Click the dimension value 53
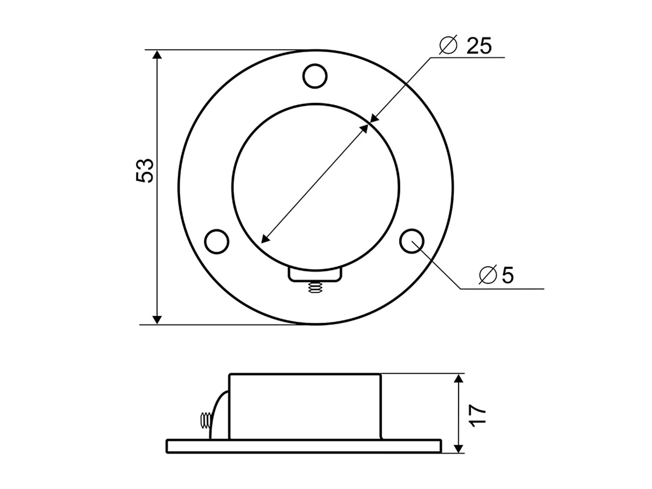pyautogui.click(x=145, y=170)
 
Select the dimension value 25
pyautogui.click(x=479, y=46)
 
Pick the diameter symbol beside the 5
pyautogui.click(x=487, y=275)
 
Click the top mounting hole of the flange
pyautogui.click(x=315, y=77)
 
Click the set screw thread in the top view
pyautogui.click(x=314, y=287)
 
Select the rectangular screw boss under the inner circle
pyautogui.click(x=315, y=275)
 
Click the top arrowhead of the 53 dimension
pyautogui.click(x=157, y=55)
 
